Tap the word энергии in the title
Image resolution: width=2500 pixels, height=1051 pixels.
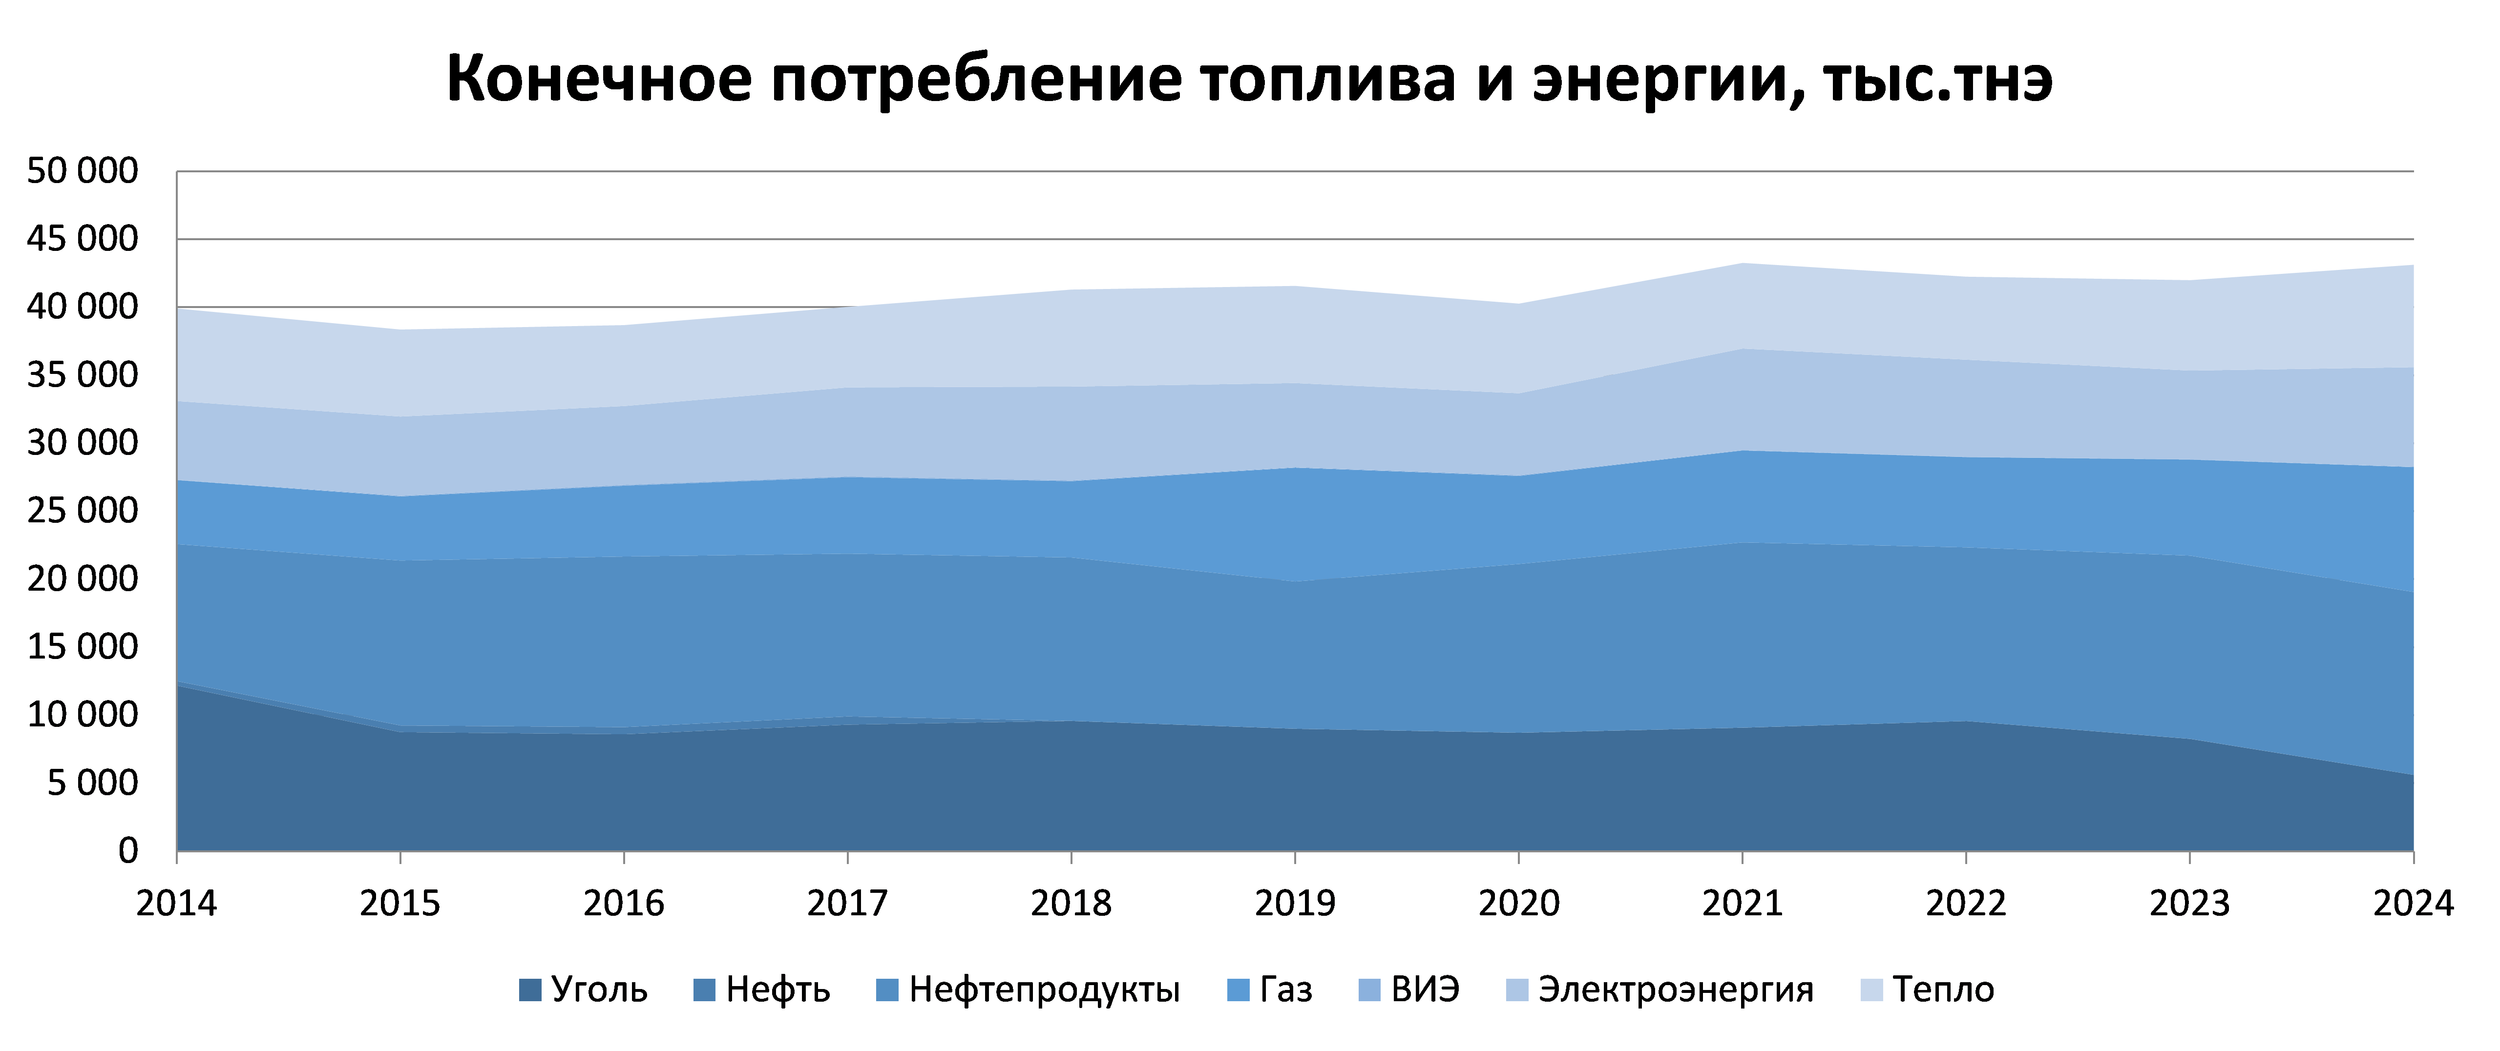pos(1661,80)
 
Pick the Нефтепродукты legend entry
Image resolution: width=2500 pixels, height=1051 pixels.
pos(1029,990)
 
